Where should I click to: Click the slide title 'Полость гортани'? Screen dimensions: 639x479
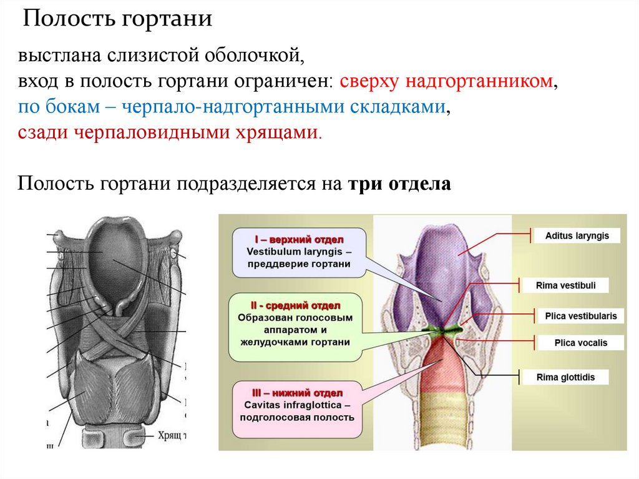pyautogui.click(x=118, y=19)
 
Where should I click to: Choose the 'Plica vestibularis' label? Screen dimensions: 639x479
pyautogui.click(x=580, y=316)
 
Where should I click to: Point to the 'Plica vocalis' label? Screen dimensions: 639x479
pyautogui.click(x=580, y=343)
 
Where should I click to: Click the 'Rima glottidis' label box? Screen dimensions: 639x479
pyautogui.click(x=565, y=377)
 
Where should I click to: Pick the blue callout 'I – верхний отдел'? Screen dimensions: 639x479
pyautogui.click(x=298, y=252)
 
